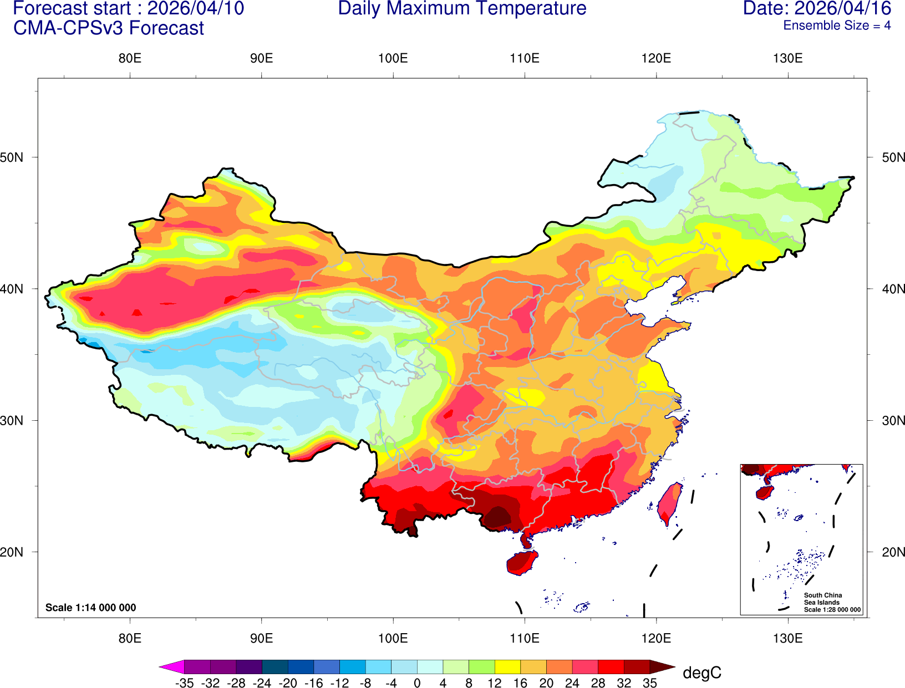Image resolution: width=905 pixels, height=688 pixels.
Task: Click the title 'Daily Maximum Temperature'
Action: (462, 9)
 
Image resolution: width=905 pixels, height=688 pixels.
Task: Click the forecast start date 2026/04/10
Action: (195, 9)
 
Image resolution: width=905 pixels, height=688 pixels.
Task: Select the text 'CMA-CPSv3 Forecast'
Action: (109, 28)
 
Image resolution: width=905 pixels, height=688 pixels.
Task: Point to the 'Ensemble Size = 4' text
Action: (837, 26)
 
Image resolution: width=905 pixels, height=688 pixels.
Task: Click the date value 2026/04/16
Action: (843, 9)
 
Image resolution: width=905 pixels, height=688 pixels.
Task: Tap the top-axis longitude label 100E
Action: (393, 59)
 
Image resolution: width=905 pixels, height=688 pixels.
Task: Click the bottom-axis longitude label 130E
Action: (787, 638)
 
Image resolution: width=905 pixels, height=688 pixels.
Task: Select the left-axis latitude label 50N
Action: (12, 157)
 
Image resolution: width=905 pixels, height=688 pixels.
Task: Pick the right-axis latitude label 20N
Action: (893, 552)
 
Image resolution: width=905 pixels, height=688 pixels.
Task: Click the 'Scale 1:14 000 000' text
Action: (90, 608)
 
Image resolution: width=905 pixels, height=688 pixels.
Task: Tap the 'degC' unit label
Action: (702, 673)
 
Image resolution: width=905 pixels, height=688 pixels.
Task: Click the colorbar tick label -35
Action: (184, 684)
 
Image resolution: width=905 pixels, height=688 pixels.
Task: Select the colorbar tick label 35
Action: (649, 684)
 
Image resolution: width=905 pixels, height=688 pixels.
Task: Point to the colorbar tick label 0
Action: (417, 684)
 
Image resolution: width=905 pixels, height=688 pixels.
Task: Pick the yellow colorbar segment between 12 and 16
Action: (507, 667)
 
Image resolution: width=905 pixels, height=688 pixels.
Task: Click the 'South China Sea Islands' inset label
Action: (822, 599)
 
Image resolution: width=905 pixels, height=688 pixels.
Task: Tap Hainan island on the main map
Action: (522, 562)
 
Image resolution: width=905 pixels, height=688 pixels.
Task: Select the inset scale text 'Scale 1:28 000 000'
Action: (832, 610)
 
